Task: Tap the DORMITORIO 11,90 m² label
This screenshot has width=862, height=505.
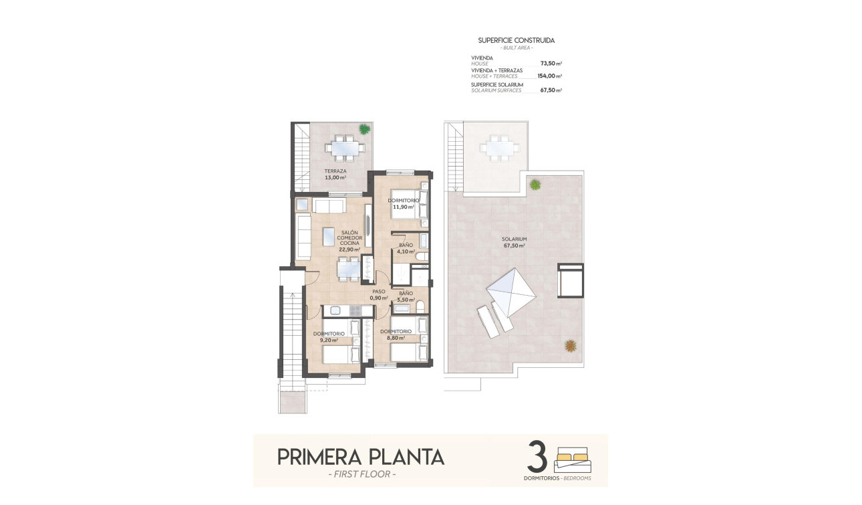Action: (x=404, y=203)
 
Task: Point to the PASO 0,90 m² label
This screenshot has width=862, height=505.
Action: (x=379, y=295)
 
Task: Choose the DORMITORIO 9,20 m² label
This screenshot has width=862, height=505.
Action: (x=329, y=336)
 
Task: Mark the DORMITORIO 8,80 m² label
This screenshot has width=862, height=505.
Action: (x=396, y=334)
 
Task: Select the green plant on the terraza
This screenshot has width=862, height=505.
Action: (x=364, y=129)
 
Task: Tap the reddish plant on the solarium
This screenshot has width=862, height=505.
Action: (x=570, y=346)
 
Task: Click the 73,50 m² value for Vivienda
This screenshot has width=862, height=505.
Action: (x=551, y=64)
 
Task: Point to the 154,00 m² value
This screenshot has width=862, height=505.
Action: (x=549, y=76)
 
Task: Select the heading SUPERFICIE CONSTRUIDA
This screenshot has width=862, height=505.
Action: (x=516, y=41)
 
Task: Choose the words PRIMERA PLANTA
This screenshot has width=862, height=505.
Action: (x=360, y=457)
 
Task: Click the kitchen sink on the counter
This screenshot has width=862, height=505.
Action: (x=335, y=310)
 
